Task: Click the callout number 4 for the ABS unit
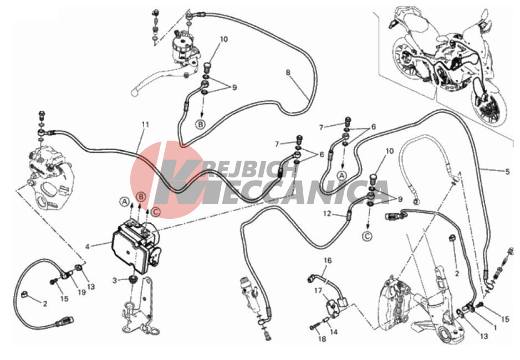[x=88, y=246]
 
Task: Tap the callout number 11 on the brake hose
[x=145, y=125]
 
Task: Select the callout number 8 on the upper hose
[x=288, y=72]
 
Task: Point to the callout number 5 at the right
[x=507, y=172]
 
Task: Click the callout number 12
[x=327, y=214]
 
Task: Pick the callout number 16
[x=328, y=261]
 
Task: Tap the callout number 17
[x=318, y=290]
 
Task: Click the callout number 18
[x=322, y=338]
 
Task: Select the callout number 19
[x=81, y=292]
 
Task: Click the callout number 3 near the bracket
[x=114, y=281]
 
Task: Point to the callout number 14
[x=334, y=332]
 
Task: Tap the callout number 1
[x=495, y=328]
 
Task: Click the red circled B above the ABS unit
[x=141, y=197]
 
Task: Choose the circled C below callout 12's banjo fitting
[x=367, y=236]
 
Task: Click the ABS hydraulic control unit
[x=136, y=245]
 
